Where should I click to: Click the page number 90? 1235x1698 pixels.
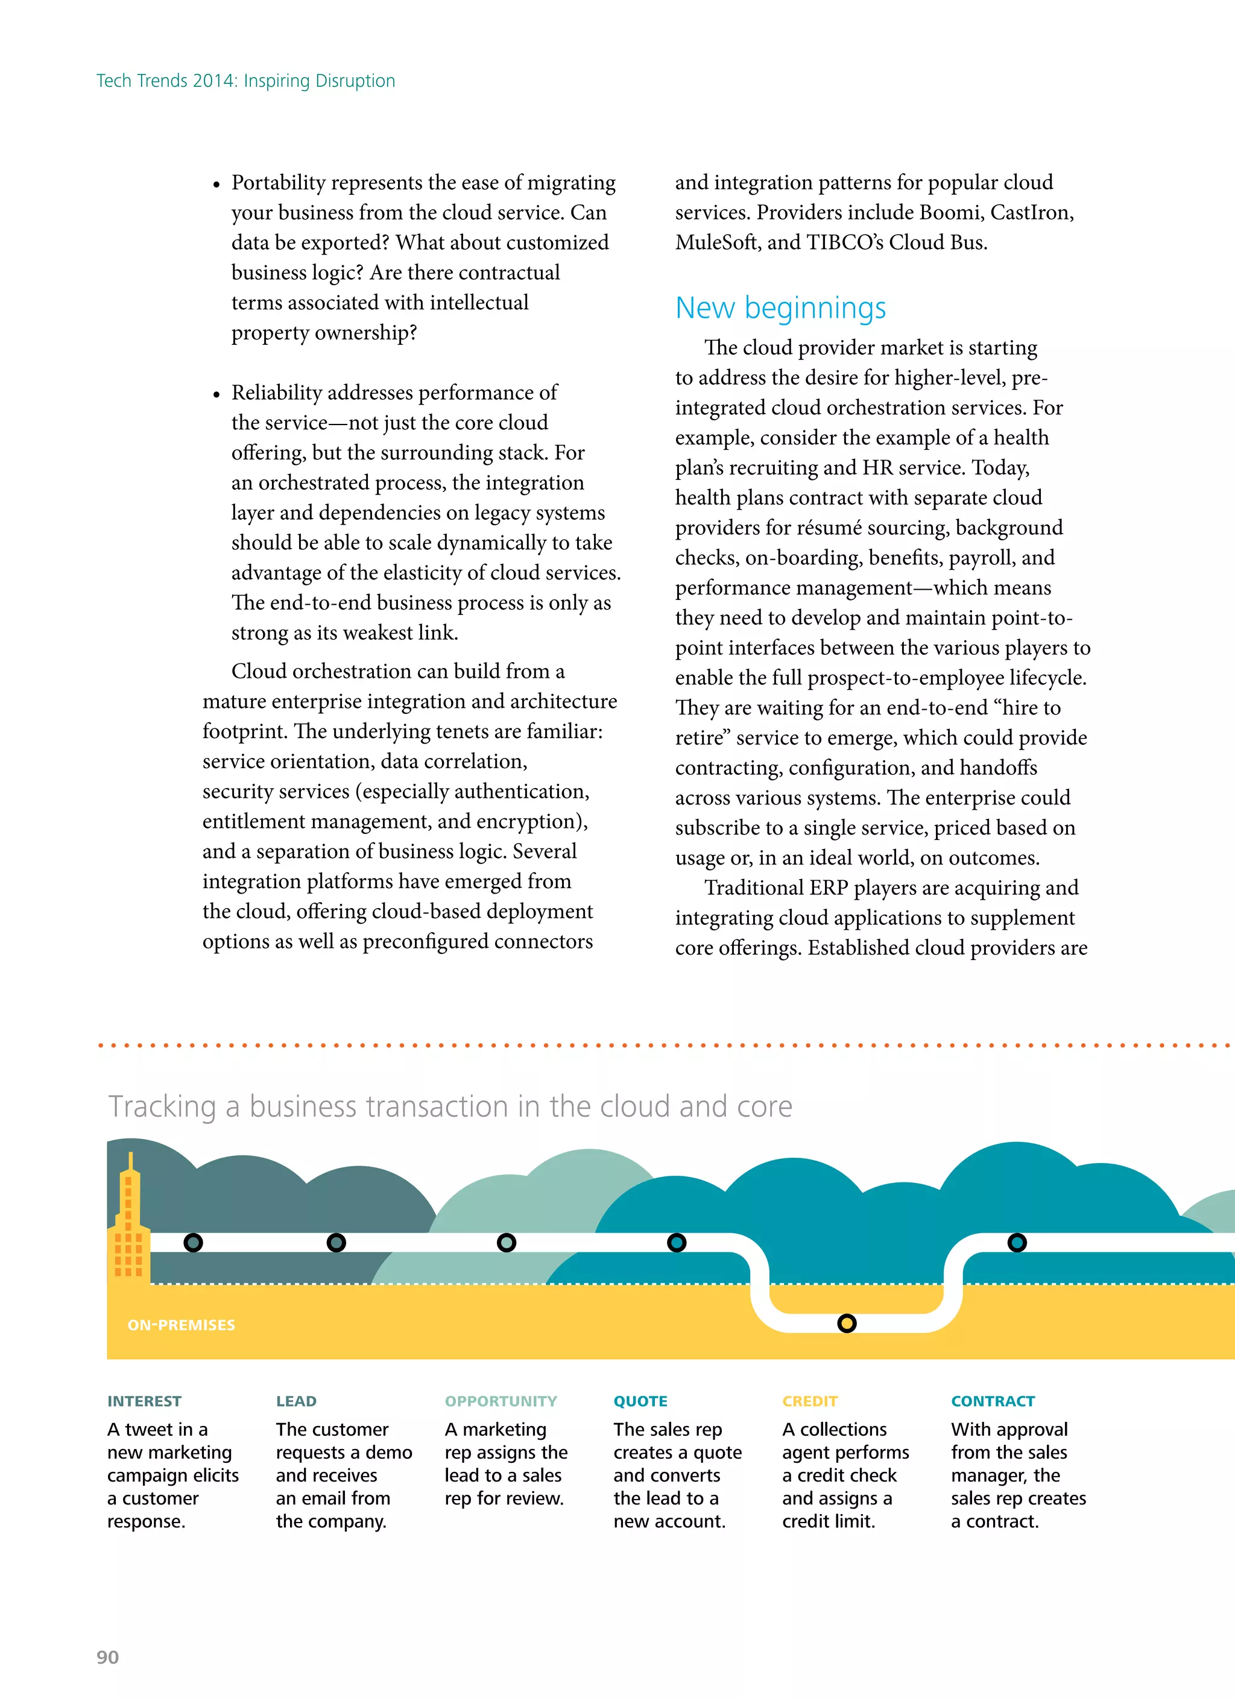click(x=108, y=1657)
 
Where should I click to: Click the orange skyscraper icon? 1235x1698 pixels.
click(x=130, y=1224)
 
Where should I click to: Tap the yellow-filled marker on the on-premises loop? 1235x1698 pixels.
click(x=846, y=1323)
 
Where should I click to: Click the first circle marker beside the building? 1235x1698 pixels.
click(x=193, y=1243)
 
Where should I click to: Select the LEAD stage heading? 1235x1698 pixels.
click(x=296, y=1401)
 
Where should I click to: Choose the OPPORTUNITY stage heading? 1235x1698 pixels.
click(x=501, y=1401)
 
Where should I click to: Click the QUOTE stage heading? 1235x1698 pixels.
click(x=640, y=1401)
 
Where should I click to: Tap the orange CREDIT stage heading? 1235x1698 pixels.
click(x=810, y=1401)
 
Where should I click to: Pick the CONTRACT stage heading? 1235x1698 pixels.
click(x=993, y=1401)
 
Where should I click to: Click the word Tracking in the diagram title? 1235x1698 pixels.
click(x=163, y=1106)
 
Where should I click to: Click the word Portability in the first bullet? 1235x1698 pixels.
click(x=278, y=183)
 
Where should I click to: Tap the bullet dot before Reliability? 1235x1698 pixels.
click(x=216, y=394)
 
